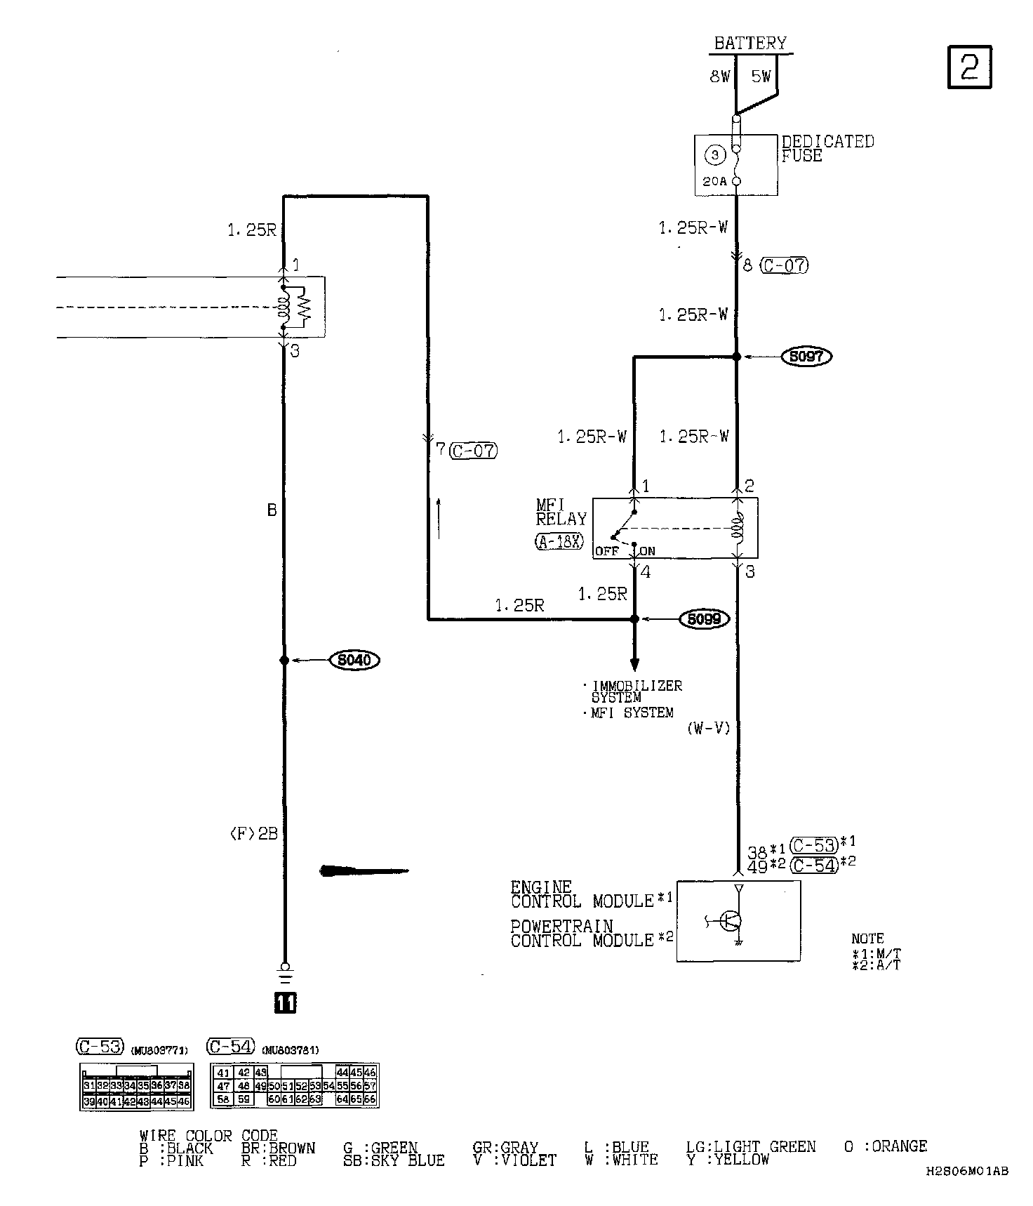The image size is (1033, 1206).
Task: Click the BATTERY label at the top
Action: (x=750, y=43)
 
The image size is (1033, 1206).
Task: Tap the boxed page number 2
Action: (x=969, y=67)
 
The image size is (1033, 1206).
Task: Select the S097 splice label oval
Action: (x=806, y=357)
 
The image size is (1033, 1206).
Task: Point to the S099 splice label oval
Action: (x=704, y=619)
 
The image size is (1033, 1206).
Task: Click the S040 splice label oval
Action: (x=354, y=660)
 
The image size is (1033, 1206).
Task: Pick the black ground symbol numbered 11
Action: (x=285, y=1003)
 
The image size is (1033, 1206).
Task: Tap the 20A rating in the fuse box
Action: (x=715, y=181)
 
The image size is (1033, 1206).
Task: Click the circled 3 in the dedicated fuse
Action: (x=715, y=154)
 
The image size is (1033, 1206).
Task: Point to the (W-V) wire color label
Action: (x=708, y=729)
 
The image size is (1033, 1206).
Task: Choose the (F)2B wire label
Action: (x=253, y=834)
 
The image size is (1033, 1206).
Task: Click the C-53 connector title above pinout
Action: (x=99, y=1047)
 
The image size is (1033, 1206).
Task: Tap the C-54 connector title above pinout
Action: (x=229, y=1047)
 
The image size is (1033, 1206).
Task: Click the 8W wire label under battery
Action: (x=719, y=77)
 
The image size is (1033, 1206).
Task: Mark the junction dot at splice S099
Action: (x=634, y=619)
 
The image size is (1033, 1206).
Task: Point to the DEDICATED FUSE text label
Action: (x=827, y=148)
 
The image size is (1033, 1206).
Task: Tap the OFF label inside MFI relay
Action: (x=606, y=551)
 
